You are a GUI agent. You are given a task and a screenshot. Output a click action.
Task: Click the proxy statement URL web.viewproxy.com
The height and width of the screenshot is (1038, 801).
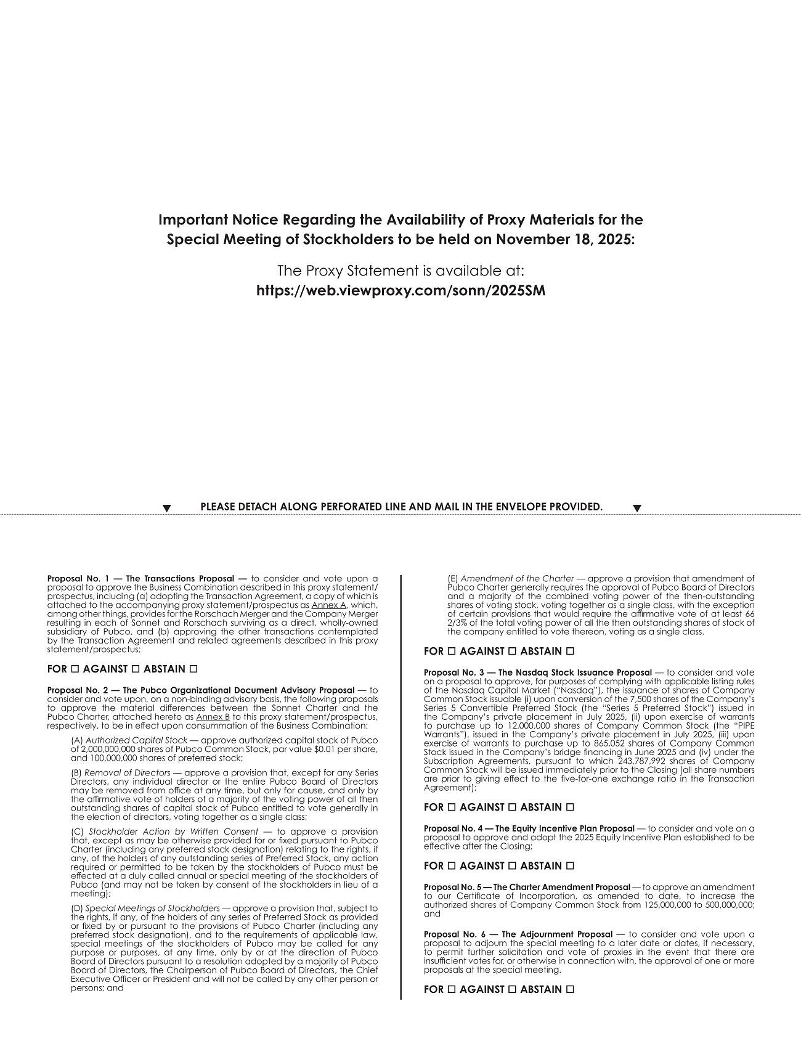click(x=400, y=290)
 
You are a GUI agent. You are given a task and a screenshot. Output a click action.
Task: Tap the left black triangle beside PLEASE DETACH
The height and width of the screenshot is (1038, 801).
click(x=166, y=508)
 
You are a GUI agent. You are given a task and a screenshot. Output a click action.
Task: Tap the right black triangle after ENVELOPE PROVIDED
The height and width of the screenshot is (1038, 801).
click(x=638, y=508)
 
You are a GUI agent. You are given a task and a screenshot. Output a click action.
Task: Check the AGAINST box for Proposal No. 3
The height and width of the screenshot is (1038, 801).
click(x=511, y=807)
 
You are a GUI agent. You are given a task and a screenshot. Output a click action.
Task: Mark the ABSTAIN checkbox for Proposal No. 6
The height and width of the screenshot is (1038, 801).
click(x=571, y=989)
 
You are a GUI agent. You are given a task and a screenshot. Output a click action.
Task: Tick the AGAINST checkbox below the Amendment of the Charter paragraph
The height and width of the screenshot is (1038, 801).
click(x=511, y=651)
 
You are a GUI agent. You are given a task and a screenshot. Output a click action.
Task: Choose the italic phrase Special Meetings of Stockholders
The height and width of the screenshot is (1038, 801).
click(x=152, y=908)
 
